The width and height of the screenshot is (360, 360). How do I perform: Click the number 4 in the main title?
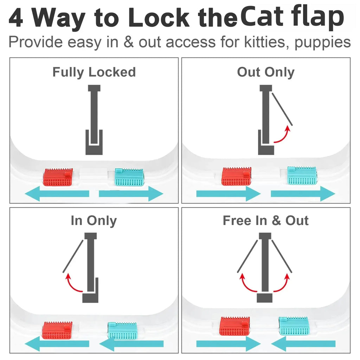pos(16,18)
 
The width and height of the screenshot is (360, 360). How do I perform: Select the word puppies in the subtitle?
pos(322,42)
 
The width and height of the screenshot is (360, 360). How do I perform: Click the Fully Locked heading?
pos(94,72)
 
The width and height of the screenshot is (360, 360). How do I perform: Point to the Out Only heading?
pos(265,72)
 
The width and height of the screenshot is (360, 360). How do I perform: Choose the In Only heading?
pos(94,221)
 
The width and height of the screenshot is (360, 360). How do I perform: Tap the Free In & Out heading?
pos(265,221)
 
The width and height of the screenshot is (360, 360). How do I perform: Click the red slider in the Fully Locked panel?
pos(58,178)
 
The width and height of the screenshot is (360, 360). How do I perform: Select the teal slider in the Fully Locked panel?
pos(129,178)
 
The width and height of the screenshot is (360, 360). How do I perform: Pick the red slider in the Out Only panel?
pos(237,176)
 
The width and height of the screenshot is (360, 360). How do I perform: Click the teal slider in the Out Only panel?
pos(302,176)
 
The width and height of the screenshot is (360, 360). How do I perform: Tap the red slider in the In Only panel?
pos(57,330)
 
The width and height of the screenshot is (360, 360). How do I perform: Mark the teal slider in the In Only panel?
pos(122,330)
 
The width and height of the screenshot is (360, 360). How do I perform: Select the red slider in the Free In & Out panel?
pos(235,326)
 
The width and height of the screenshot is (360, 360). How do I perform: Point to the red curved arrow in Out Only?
pos(283,136)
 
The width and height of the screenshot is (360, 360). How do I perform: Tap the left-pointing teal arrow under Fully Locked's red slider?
pos(58,194)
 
